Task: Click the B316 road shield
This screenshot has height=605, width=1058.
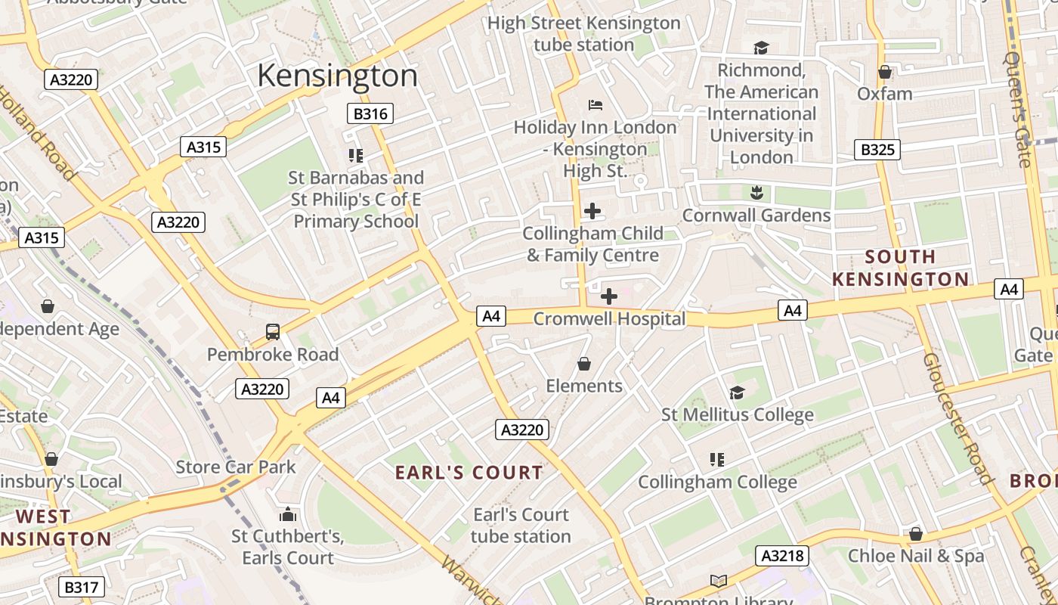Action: pyautogui.click(x=370, y=114)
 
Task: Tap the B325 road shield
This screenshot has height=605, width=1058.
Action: pyautogui.click(x=877, y=149)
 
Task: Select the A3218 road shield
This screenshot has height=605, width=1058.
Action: pyautogui.click(x=782, y=556)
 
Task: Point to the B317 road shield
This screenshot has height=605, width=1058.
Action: pyautogui.click(x=82, y=587)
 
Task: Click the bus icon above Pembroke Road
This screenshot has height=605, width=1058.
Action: pyautogui.click(x=272, y=331)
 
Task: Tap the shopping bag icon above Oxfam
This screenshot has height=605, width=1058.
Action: pyautogui.click(x=885, y=72)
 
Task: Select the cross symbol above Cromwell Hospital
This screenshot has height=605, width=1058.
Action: pyautogui.click(x=608, y=296)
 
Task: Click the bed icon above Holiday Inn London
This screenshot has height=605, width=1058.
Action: pyautogui.click(x=595, y=104)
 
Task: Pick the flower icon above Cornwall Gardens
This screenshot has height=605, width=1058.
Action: pyautogui.click(x=756, y=192)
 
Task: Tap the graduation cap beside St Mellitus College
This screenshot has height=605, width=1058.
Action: pyautogui.click(x=737, y=392)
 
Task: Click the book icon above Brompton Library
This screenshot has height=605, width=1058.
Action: pyautogui.click(x=718, y=581)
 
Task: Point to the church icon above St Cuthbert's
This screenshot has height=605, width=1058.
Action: pyautogui.click(x=287, y=515)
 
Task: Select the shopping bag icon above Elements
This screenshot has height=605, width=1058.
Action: pyautogui.click(x=584, y=364)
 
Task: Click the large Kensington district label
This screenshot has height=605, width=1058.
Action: pyautogui.click(x=337, y=76)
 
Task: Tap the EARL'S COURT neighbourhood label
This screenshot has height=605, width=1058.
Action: pyautogui.click(x=469, y=473)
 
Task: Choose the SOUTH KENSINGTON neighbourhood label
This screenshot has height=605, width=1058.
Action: pyautogui.click(x=900, y=268)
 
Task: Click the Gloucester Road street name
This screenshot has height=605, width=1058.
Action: pyautogui.click(x=956, y=417)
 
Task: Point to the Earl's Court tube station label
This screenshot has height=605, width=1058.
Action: pyautogui.click(x=521, y=526)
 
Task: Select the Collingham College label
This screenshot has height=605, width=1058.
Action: pyautogui.click(x=717, y=482)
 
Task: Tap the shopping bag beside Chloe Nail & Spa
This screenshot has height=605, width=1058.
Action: pyautogui.click(x=916, y=534)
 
